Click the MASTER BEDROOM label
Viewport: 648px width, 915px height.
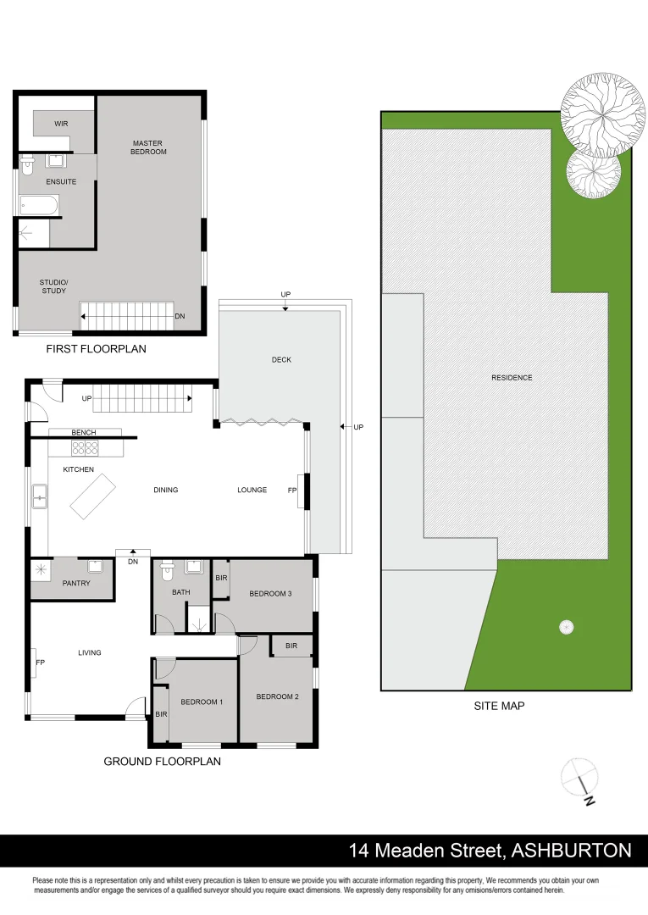tap(148, 147)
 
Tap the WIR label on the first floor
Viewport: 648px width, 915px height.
tap(61, 124)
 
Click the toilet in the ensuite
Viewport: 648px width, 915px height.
tap(26, 164)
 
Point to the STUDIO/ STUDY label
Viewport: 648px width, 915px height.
tap(53, 287)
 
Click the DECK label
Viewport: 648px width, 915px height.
tap(281, 360)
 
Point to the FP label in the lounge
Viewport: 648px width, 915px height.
tap(292, 490)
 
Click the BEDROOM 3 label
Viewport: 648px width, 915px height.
tap(270, 594)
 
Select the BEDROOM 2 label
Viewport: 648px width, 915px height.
tap(278, 696)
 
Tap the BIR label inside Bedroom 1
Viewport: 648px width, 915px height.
tap(161, 714)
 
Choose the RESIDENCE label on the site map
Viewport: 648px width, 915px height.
tap(512, 378)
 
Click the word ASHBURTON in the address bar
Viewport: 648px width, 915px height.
tap(572, 850)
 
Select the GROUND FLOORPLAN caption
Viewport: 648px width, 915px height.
tap(162, 762)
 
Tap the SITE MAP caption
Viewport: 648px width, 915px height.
tap(499, 705)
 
